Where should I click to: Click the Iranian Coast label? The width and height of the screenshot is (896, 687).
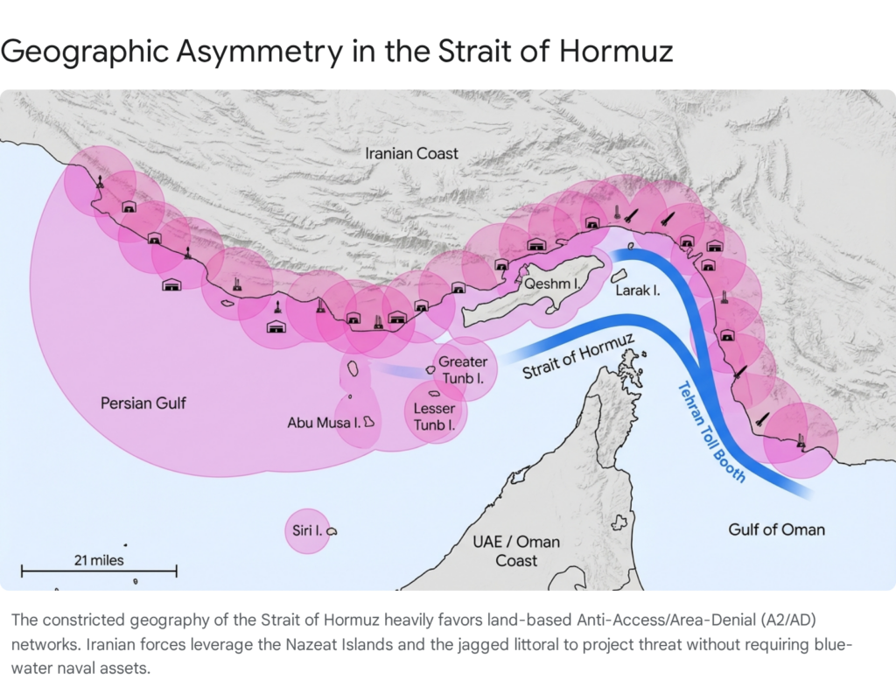tap(411, 153)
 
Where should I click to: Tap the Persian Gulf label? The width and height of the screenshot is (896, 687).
tap(143, 403)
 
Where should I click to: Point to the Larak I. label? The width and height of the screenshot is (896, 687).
tap(637, 290)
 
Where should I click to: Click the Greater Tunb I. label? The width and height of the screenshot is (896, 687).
tap(462, 369)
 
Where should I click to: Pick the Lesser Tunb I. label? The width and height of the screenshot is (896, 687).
tap(434, 417)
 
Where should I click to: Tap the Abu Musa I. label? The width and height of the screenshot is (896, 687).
tap(325, 423)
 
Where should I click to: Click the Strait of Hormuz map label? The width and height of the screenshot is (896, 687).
tap(578, 358)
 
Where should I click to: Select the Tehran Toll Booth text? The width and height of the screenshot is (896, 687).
tap(712, 431)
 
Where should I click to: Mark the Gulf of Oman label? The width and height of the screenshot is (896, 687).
tap(776, 529)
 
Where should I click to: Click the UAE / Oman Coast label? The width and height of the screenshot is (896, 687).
tap(516, 550)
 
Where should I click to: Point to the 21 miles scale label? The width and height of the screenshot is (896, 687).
tap(99, 559)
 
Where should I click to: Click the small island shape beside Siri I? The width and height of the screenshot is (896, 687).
tap(332, 531)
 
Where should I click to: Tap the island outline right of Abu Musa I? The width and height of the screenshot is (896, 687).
tap(369, 422)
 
